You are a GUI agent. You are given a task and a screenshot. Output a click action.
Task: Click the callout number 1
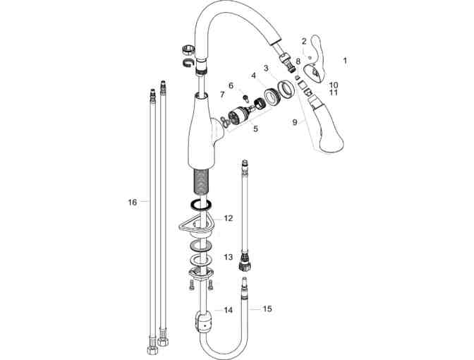(345, 61)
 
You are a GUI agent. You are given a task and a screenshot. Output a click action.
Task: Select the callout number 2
(304, 41)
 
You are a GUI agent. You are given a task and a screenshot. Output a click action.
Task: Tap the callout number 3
(266, 68)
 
